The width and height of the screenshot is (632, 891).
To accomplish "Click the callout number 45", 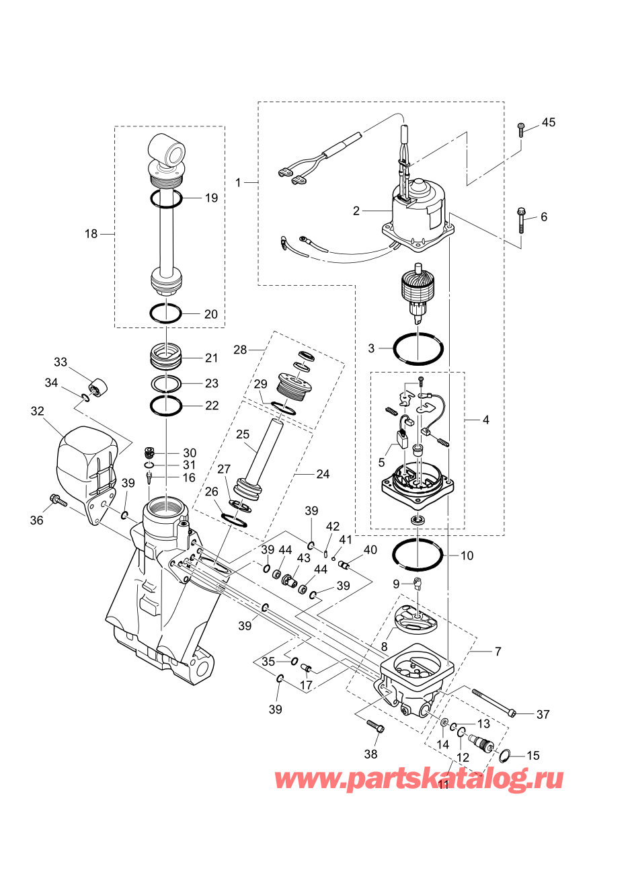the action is tap(549, 122).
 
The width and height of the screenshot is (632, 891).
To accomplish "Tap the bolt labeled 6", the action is tap(520, 220).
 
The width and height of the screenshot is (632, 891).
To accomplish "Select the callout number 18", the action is tap(91, 234).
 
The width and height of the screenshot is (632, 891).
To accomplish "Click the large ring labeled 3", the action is tap(418, 348).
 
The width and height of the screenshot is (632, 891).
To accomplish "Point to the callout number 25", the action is tap(242, 434).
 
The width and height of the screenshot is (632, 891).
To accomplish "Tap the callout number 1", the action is tap(238, 183).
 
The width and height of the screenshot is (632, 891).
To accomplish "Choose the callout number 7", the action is tap(498, 651).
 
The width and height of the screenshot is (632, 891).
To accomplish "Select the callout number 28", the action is tap(240, 350).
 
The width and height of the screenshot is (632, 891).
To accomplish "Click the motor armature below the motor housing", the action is tap(418, 293).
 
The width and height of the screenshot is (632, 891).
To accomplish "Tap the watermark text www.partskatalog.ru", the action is tap(419, 779).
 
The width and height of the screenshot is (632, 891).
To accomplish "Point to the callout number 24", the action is tap(323, 473).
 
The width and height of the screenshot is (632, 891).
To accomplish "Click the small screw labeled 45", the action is tap(520, 130).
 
